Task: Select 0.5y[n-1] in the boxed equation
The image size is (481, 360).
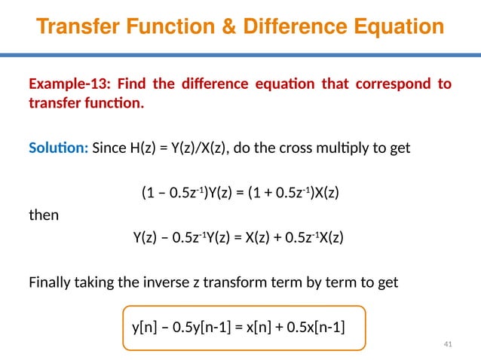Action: [198, 326]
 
